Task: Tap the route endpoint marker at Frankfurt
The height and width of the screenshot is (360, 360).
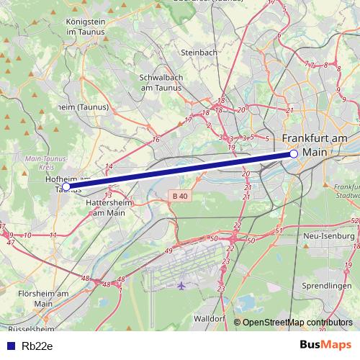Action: pos(294,154)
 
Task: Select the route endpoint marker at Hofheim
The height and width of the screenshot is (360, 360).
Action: pos(66,186)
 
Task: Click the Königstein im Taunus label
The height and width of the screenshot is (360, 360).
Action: pos(86,27)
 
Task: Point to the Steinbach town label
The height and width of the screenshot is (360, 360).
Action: pos(199,53)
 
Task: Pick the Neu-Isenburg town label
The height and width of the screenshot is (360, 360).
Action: pos(330,235)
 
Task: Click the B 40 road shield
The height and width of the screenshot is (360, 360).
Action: pos(183,195)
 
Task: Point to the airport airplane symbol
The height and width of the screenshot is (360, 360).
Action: pos(181,286)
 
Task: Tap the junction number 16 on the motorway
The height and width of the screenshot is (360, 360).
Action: pos(156,139)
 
